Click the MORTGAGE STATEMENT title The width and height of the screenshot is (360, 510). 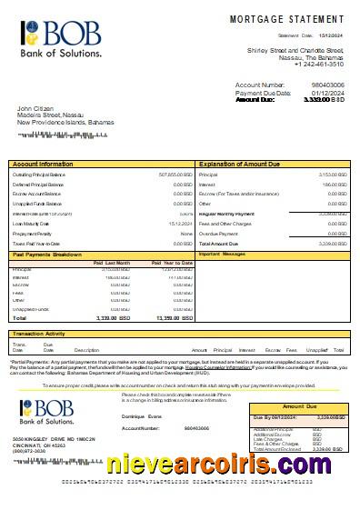[x=288, y=18]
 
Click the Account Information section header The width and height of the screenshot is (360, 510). [x=44, y=164]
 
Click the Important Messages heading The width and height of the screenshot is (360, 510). [x=223, y=254]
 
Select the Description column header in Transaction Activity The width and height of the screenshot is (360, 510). [x=86, y=350]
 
